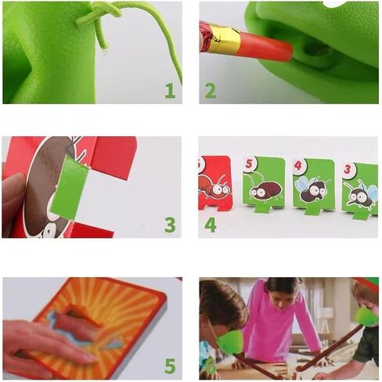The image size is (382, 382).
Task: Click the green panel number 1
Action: pyautogui.click(x=170, y=90)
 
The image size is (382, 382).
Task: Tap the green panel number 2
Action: pyautogui.click(x=211, y=90)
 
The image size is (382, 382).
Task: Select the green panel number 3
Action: pyautogui.click(x=170, y=225)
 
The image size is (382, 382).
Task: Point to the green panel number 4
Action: pyautogui.click(x=211, y=225)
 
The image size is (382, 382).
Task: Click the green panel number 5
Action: pyautogui.click(x=170, y=366)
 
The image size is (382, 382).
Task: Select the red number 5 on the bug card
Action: pyautogui.click(x=249, y=164)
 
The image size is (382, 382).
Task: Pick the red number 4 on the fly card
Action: pyautogui.click(x=298, y=165)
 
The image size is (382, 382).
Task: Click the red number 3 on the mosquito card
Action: pyautogui.click(x=348, y=169)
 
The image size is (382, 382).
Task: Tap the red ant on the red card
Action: pyautogui.click(x=214, y=187)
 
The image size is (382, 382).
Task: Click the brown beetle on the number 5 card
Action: pyautogui.click(x=265, y=189)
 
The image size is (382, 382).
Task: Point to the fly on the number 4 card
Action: pyautogui.click(x=312, y=189)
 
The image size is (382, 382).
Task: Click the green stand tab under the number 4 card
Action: pyautogui.click(x=313, y=210)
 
